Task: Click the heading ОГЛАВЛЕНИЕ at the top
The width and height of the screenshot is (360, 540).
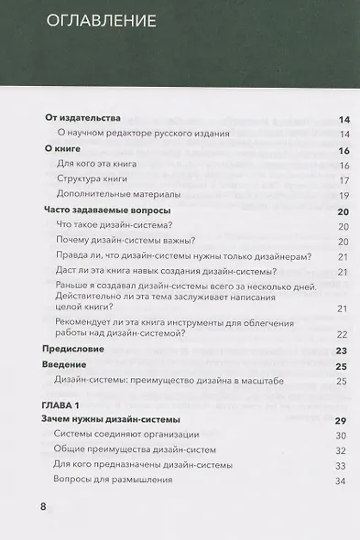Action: click(100, 20)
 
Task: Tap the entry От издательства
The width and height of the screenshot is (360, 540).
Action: click(82, 120)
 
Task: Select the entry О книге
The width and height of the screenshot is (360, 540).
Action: click(62, 149)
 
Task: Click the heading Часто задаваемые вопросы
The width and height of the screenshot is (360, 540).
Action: click(108, 211)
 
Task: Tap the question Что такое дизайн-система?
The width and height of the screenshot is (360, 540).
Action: click(121, 225)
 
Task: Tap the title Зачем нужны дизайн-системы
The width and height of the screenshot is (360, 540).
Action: click(112, 420)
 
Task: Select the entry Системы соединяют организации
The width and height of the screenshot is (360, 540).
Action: click(120, 435)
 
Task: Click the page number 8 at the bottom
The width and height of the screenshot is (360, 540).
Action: click(42, 508)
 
